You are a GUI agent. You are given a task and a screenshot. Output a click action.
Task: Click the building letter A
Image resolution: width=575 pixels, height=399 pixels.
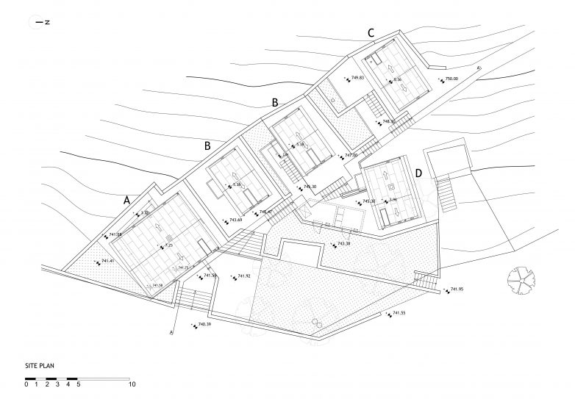(x=127, y=199)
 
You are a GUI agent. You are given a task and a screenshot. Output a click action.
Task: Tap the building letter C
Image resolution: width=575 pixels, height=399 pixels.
(x=371, y=32)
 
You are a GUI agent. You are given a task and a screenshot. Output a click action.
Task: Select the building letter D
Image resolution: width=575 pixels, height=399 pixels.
(x=418, y=173)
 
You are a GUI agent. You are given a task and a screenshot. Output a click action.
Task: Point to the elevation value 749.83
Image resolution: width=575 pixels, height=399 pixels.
(x=359, y=77)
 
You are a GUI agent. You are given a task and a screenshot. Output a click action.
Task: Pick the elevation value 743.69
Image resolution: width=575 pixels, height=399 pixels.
(x=236, y=220)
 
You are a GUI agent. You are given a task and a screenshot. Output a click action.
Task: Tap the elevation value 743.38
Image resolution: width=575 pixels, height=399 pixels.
(x=344, y=244)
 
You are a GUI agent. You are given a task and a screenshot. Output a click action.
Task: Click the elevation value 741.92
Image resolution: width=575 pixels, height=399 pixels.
(x=245, y=276)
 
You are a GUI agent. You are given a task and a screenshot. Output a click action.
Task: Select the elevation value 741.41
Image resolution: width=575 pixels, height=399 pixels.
(x=108, y=261)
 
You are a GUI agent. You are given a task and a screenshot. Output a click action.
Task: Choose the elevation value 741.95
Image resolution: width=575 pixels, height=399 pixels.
(x=457, y=290)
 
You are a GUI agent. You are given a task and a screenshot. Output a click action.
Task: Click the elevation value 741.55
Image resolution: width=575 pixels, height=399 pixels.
(x=399, y=314)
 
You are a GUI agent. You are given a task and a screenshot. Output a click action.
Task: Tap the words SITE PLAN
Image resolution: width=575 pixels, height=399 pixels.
(x=39, y=364)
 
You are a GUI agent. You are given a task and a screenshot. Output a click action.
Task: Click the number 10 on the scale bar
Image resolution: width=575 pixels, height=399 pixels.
(x=132, y=384)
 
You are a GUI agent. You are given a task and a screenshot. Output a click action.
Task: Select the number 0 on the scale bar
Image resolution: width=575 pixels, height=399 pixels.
(x=26, y=384)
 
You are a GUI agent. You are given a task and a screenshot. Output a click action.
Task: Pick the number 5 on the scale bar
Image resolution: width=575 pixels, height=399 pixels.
(x=79, y=384)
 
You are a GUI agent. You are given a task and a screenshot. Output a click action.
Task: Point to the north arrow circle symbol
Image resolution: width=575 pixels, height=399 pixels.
(x=34, y=23)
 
